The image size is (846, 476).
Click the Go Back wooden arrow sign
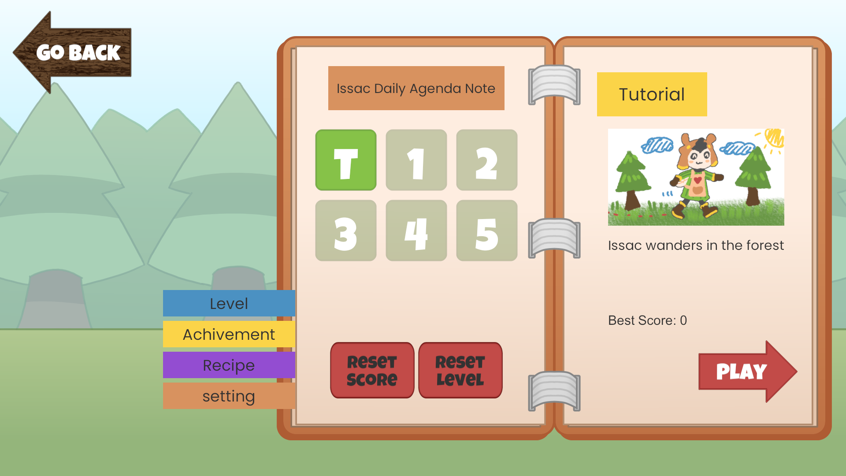click(x=73, y=52)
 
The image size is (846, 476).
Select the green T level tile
click(x=346, y=160)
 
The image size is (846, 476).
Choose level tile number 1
click(x=416, y=160)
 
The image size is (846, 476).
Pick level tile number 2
click(x=487, y=160)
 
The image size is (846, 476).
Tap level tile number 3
click(x=346, y=231)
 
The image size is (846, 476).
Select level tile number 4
click(x=416, y=231)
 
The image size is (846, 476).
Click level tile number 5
click(x=487, y=231)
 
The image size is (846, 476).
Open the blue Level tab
click(x=229, y=303)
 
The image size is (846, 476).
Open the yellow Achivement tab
click(x=229, y=334)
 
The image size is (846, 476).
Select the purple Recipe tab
click(x=229, y=365)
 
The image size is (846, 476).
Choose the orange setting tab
click(x=229, y=396)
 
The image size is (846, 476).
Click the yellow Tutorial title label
click(x=652, y=94)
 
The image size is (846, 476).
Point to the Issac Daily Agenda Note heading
click(x=416, y=88)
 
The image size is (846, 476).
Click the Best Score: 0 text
click(x=647, y=320)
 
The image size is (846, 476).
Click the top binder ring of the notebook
click(x=554, y=85)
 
